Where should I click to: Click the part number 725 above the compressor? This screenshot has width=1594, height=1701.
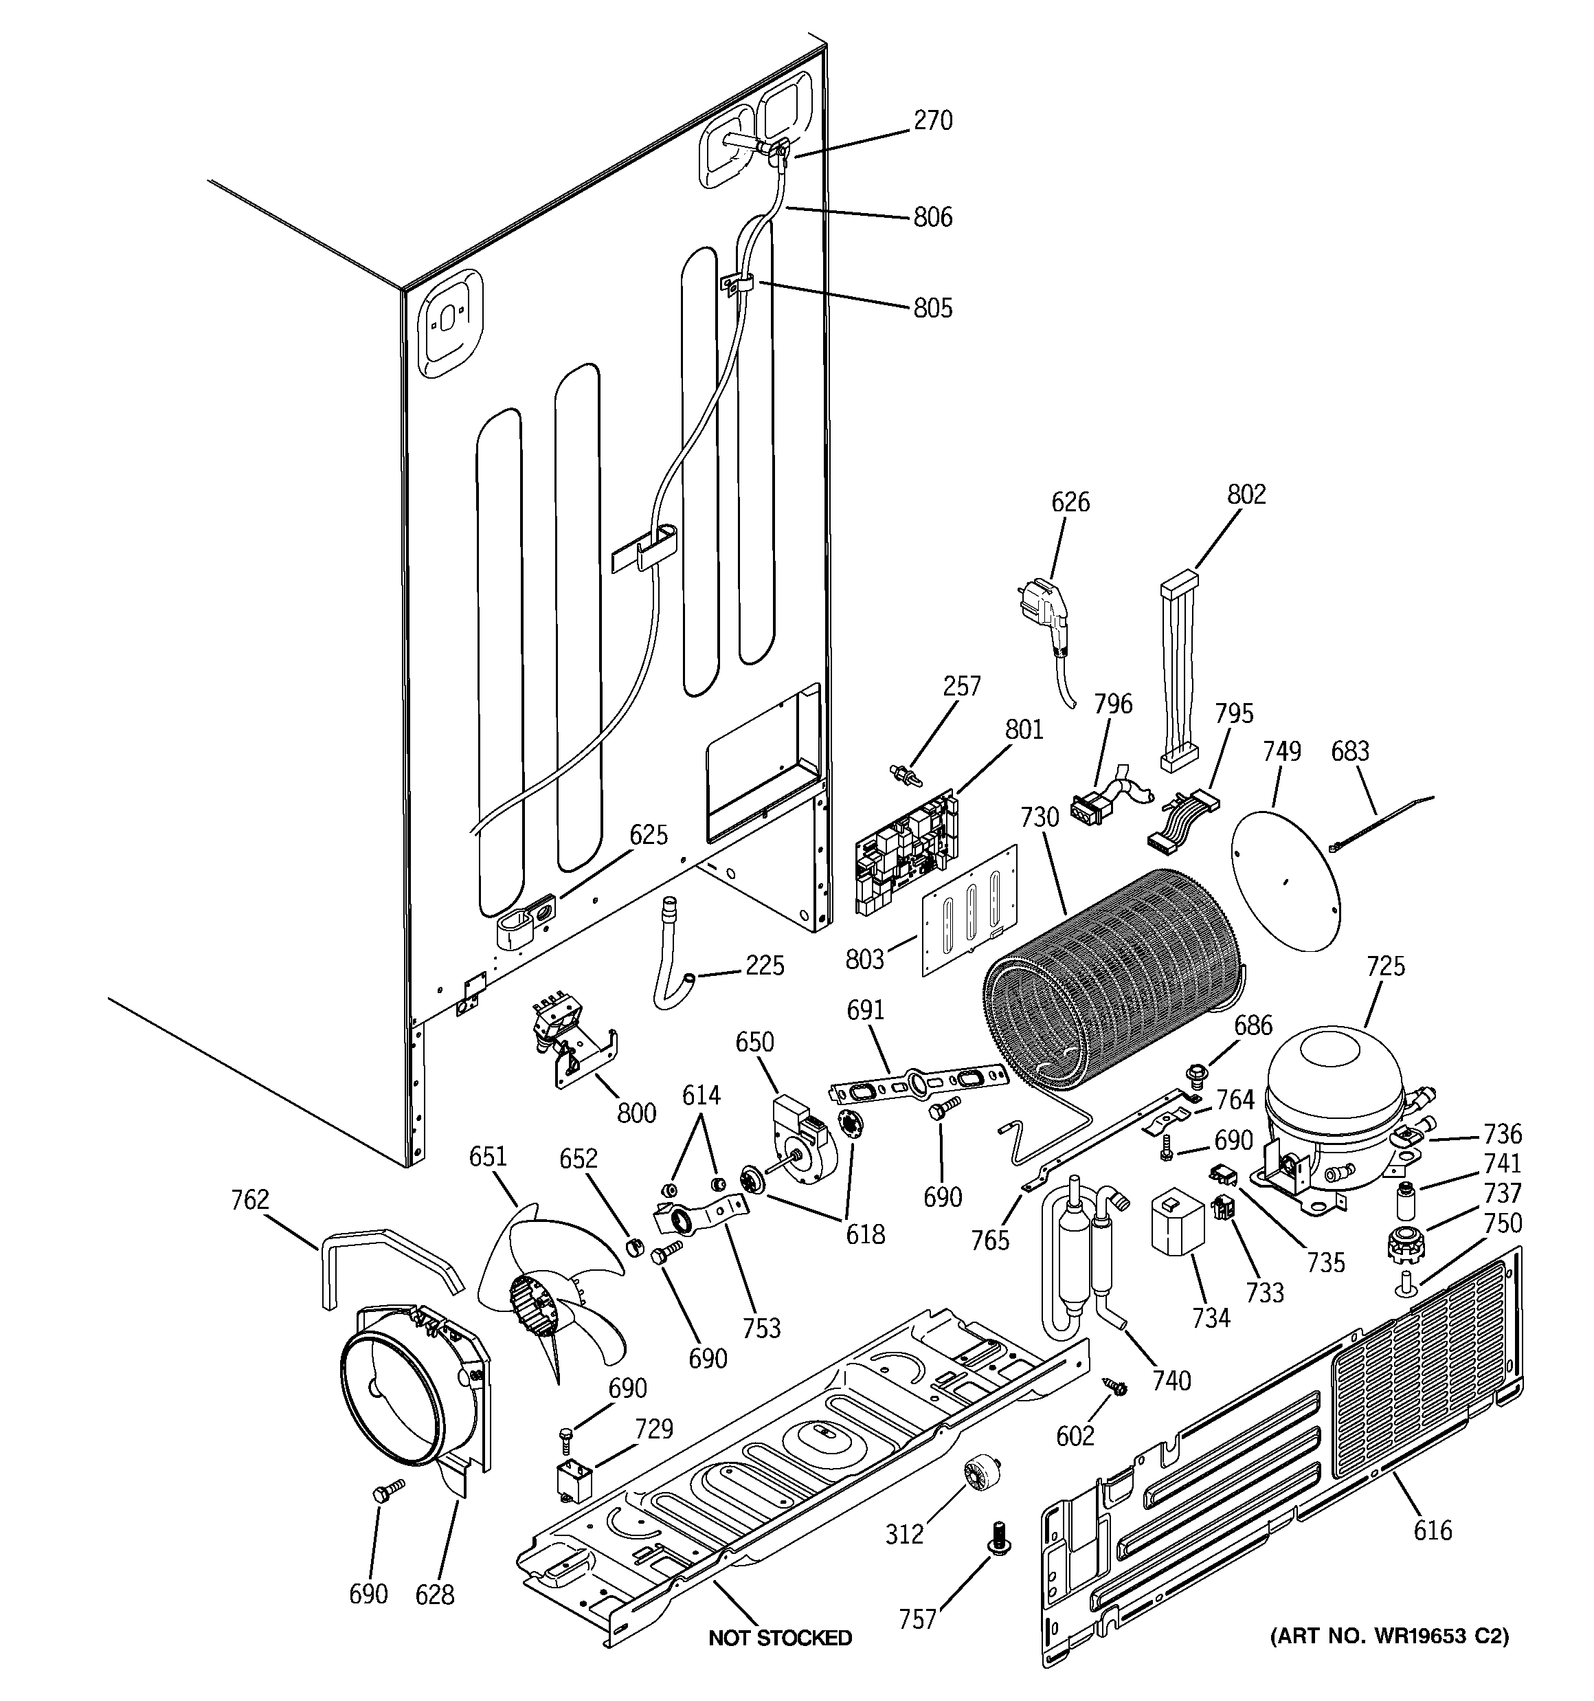click(1385, 966)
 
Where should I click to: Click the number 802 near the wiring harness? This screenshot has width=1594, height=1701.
click(1246, 495)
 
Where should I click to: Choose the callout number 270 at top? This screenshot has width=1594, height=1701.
click(932, 121)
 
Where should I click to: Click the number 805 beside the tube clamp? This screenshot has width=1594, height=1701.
click(932, 308)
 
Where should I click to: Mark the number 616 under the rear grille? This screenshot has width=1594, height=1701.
click(1433, 1530)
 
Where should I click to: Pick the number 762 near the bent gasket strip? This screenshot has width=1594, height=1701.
click(250, 1201)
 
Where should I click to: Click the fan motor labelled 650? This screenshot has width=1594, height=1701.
click(799, 1139)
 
